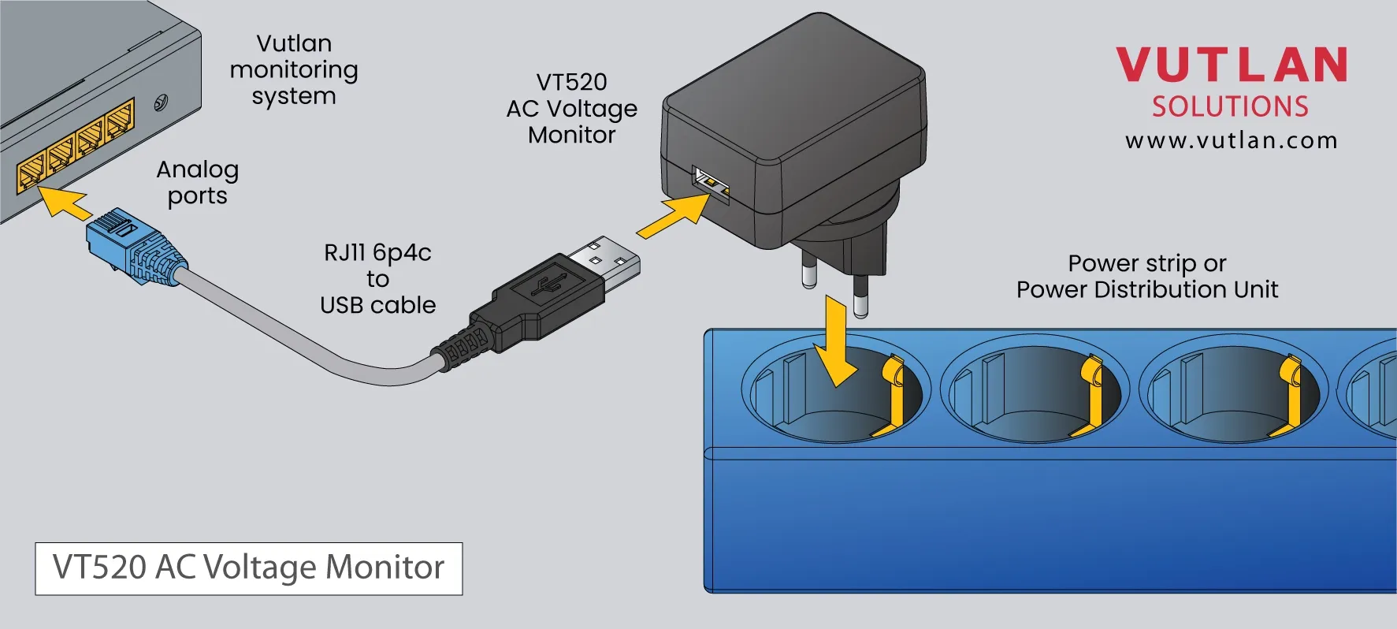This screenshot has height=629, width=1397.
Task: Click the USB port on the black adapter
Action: [x=711, y=184]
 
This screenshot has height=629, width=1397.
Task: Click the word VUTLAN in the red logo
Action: [x=1231, y=65]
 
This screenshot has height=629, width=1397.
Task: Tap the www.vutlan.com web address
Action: [x=1231, y=141]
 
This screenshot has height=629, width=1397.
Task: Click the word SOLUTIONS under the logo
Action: [x=1230, y=107]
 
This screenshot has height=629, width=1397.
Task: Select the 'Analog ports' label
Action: [x=197, y=182]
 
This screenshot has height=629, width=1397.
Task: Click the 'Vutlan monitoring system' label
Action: [x=294, y=69]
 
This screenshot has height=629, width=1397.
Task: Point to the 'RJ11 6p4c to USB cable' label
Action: [x=377, y=278]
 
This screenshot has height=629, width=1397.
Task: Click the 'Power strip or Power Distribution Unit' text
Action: [x=1146, y=276]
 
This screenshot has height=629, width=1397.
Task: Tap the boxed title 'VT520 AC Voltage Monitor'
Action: [x=248, y=568]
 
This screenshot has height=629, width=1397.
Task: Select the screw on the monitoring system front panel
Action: [x=161, y=102]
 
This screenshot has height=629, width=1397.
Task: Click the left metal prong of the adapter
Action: [x=809, y=272]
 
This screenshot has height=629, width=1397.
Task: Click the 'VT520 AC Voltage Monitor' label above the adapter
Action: [x=572, y=108]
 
